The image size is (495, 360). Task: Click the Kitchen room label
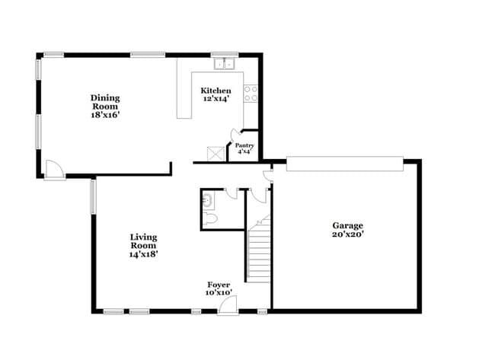pyautogui.click(x=217, y=91)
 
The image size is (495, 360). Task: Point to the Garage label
pyautogui.click(x=347, y=225)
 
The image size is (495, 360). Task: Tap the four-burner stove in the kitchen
pyautogui.click(x=250, y=94)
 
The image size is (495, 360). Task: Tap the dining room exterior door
pyautogui.click(x=53, y=170)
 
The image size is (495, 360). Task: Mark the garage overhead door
pyautogui.click(x=343, y=161)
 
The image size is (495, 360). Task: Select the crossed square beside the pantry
pyautogui.click(x=216, y=152)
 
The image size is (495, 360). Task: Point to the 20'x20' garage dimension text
pyautogui.click(x=347, y=234)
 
